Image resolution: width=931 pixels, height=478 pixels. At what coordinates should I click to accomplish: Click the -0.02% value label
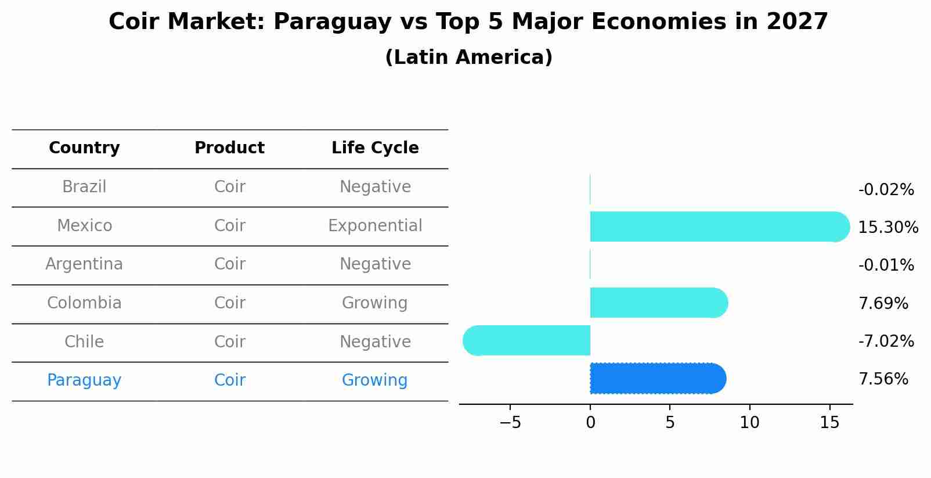(886, 190)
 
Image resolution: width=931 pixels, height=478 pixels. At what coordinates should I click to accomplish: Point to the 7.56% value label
(883, 379)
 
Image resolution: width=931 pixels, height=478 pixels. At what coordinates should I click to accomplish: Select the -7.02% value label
(886, 341)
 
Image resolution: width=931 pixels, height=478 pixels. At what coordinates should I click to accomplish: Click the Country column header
(84, 148)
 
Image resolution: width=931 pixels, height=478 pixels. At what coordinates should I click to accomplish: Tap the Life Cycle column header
(375, 148)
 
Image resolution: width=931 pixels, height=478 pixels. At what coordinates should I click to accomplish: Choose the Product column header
(229, 148)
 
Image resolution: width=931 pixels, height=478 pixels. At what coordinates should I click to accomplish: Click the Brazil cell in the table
(84, 187)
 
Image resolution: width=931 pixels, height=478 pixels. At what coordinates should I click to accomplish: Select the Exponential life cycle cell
(375, 226)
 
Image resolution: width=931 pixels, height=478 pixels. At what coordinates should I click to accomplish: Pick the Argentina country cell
(84, 264)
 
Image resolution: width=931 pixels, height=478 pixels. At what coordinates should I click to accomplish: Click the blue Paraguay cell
(84, 380)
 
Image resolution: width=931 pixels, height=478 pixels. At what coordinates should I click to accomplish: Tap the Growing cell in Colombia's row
(374, 303)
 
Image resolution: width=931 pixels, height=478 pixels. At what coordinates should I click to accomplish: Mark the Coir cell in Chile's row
(229, 342)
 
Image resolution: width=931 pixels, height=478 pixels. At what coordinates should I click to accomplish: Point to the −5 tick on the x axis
(510, 423)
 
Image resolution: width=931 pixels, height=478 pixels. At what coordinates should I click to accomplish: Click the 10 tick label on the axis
(749, 423)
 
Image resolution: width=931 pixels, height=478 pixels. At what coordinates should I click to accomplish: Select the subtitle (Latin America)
(468, 57)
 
